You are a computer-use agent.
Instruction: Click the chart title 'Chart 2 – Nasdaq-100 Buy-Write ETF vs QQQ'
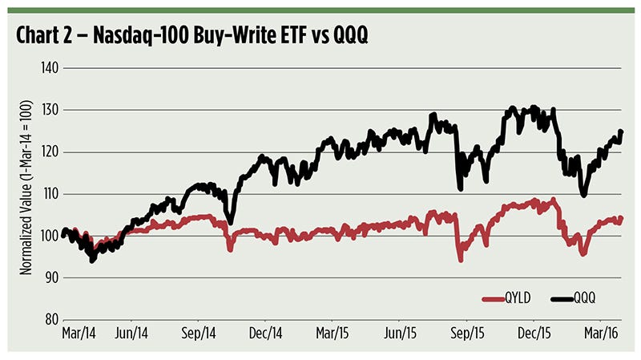[186, 36]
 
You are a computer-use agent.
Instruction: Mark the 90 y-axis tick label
[49, 277]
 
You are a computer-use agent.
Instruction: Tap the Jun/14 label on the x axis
[131, 331]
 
